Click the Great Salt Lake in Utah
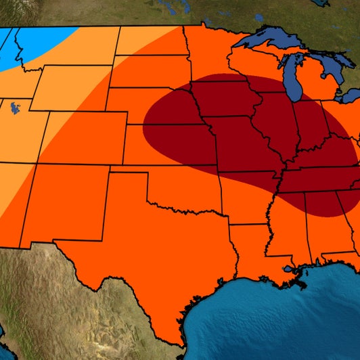pyautogui.click(x=13, y=106)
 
